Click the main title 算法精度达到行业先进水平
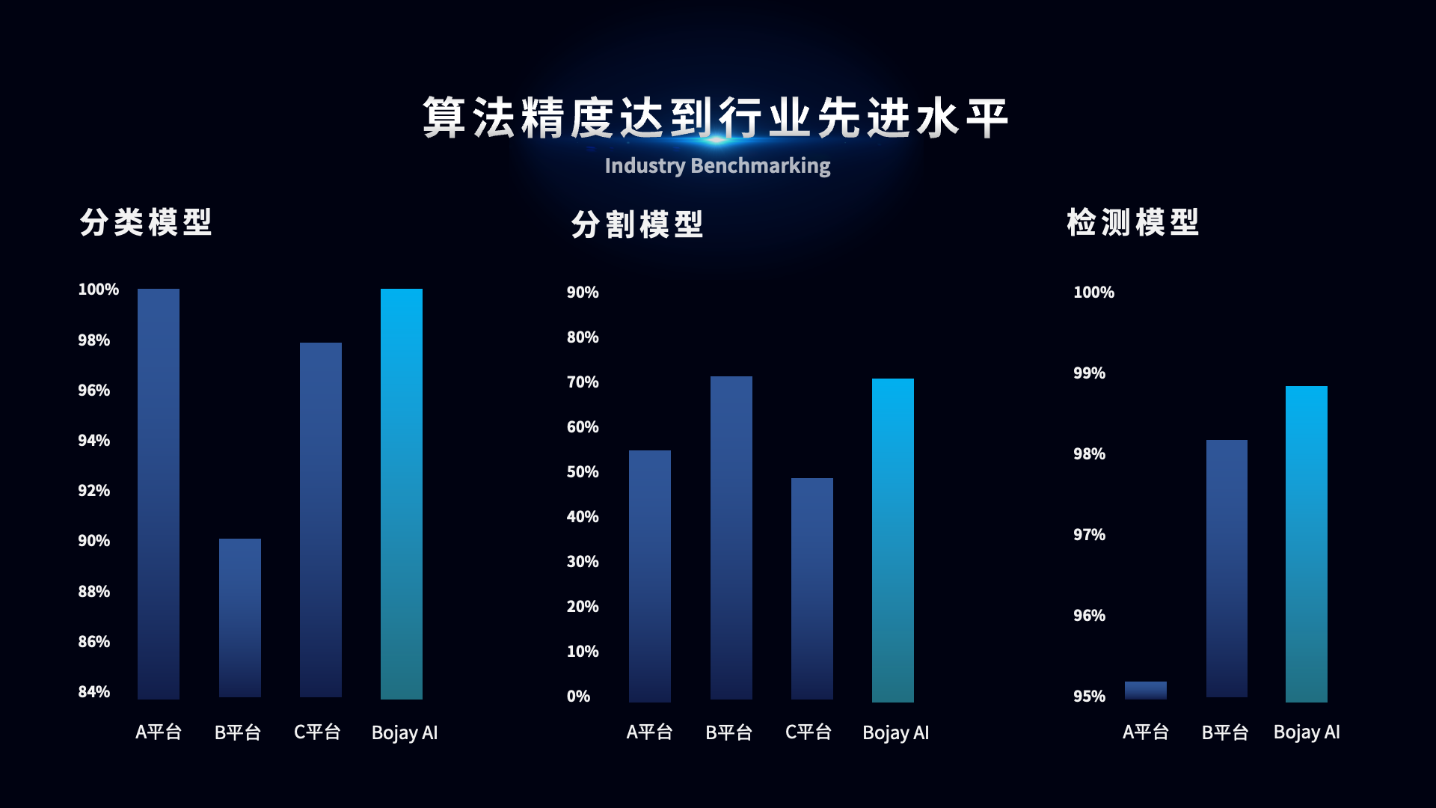click(716, 117)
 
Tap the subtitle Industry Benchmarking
click(717, 165)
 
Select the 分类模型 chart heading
click(146, 223)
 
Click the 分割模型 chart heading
click(637, 224)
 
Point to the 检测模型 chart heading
click(1133, 223)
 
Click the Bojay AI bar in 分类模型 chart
click(402, 494)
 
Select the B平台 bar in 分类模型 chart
click(240, 618)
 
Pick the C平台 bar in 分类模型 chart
click(321, 520)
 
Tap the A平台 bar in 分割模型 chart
click(650, 576)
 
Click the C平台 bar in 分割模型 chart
click(812, 589)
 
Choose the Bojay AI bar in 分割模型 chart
click(893, 540)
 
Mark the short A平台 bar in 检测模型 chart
click(1146, 691)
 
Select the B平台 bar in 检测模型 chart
click(1227, 569)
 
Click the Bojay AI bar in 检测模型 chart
click(1307, 544)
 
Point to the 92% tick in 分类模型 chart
click(94, 491)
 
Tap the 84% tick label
click(94, 692)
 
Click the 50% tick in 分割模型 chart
click(583, 472)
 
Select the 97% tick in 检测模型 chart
click(1089, 535)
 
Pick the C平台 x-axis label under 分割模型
click(808, 732)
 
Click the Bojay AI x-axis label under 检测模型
click(1307, 732)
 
